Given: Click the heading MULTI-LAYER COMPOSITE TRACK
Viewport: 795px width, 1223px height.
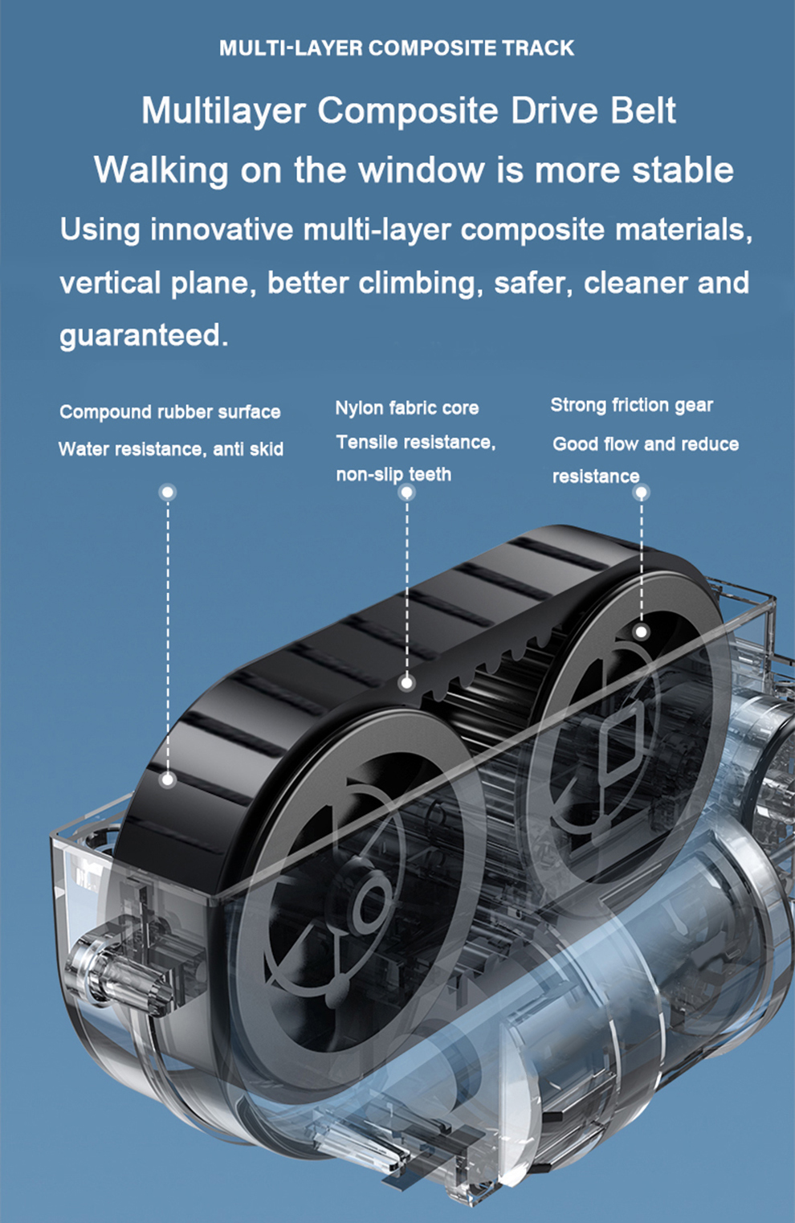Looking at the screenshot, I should point(397,48).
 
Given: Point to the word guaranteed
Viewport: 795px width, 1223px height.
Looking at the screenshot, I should point(144,335).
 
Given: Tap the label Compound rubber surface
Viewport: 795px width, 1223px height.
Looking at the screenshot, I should point(170,412).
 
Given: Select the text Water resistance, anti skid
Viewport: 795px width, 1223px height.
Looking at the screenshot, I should point(170,449).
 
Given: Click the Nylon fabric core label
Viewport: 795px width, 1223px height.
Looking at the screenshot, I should point(406,408).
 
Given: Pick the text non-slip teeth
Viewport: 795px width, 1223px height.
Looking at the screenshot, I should point(393,475).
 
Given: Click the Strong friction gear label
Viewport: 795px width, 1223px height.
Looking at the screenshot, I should point(631,405).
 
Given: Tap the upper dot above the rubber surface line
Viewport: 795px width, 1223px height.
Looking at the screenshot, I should point(167,492).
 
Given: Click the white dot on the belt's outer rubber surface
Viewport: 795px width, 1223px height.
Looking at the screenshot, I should point(167,779).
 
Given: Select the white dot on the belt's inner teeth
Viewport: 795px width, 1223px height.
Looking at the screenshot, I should point(407,683).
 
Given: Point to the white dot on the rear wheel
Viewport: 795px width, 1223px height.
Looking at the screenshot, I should point(641,632).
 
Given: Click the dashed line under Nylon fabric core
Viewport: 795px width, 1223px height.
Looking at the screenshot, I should point(407,587).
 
